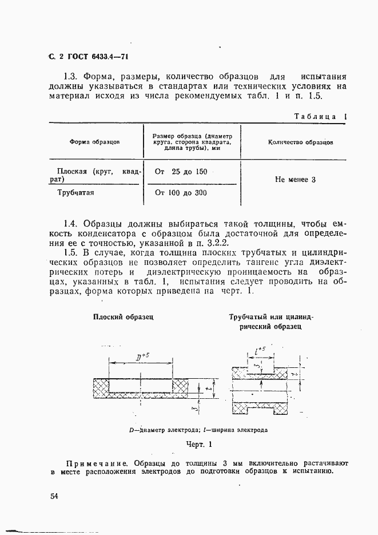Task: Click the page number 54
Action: [x=54, y=496]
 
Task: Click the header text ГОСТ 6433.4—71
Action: [x=91, y=57]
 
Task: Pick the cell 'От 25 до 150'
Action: [x=181, y=172]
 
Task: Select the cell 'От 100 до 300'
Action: [x=181, y=193]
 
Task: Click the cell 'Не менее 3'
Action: [x=295, y=180]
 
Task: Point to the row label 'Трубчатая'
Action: [x=75, y=193]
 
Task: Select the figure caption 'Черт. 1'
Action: [x=198, y=444]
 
